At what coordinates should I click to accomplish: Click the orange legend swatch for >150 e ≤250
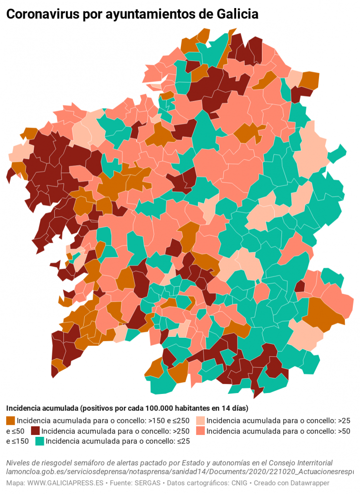tap(10, 421)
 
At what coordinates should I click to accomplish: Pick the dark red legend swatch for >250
tap(35, 431)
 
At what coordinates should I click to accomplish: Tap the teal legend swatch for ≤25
tap(40, 441)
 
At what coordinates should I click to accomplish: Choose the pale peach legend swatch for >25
tap(200, 421)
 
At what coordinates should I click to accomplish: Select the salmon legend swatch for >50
tap(200, 431)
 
